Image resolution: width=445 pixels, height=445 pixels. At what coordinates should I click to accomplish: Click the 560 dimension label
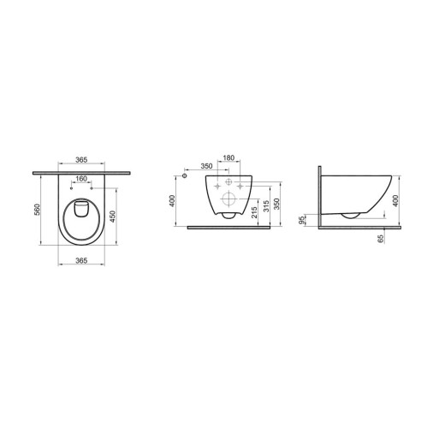point(38,210)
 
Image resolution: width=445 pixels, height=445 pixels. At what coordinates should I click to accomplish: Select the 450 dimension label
point(112,217)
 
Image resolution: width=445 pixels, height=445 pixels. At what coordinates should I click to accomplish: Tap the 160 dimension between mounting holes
point(81,179)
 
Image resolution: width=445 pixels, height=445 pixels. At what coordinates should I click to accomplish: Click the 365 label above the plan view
point(81,160)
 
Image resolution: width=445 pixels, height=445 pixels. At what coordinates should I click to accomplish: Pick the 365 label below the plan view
point(81,260)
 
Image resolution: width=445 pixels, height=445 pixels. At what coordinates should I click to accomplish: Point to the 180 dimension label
point(228,157)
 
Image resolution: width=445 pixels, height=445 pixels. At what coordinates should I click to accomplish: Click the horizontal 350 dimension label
point(206,166)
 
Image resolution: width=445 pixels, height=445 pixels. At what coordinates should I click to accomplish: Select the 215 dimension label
point(254,212)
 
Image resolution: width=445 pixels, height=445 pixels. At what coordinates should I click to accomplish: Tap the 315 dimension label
point(266,206)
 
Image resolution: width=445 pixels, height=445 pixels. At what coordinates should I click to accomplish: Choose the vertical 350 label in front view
point(276,204)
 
